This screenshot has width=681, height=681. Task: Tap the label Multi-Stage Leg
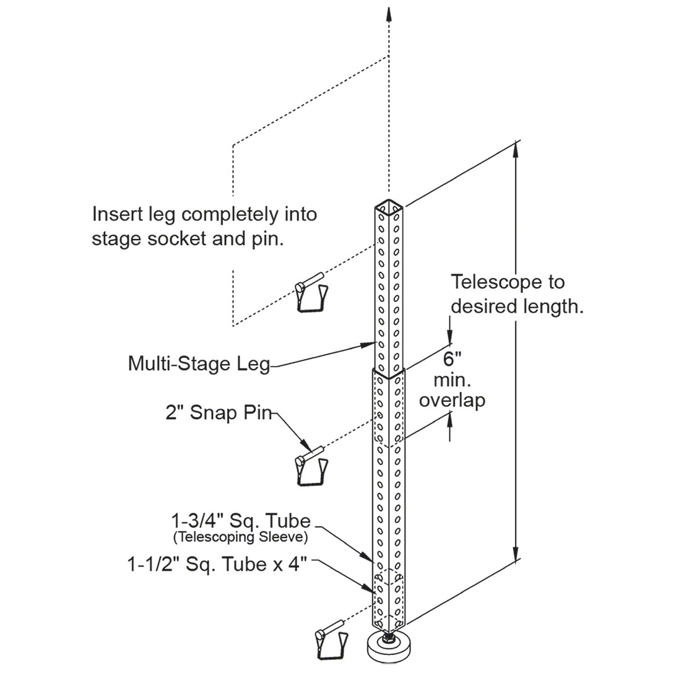(x=199, y=363)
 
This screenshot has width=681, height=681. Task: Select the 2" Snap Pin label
(x=219, y=412)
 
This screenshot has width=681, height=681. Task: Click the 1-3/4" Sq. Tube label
(x=241, y=521)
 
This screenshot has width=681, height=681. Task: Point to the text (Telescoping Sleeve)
(x=241, y=537)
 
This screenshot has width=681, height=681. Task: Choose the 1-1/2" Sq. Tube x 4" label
(x=217, y=564)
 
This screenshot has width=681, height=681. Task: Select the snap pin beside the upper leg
(x=311, y=292)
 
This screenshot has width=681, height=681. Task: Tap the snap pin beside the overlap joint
(x=311, y=466)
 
